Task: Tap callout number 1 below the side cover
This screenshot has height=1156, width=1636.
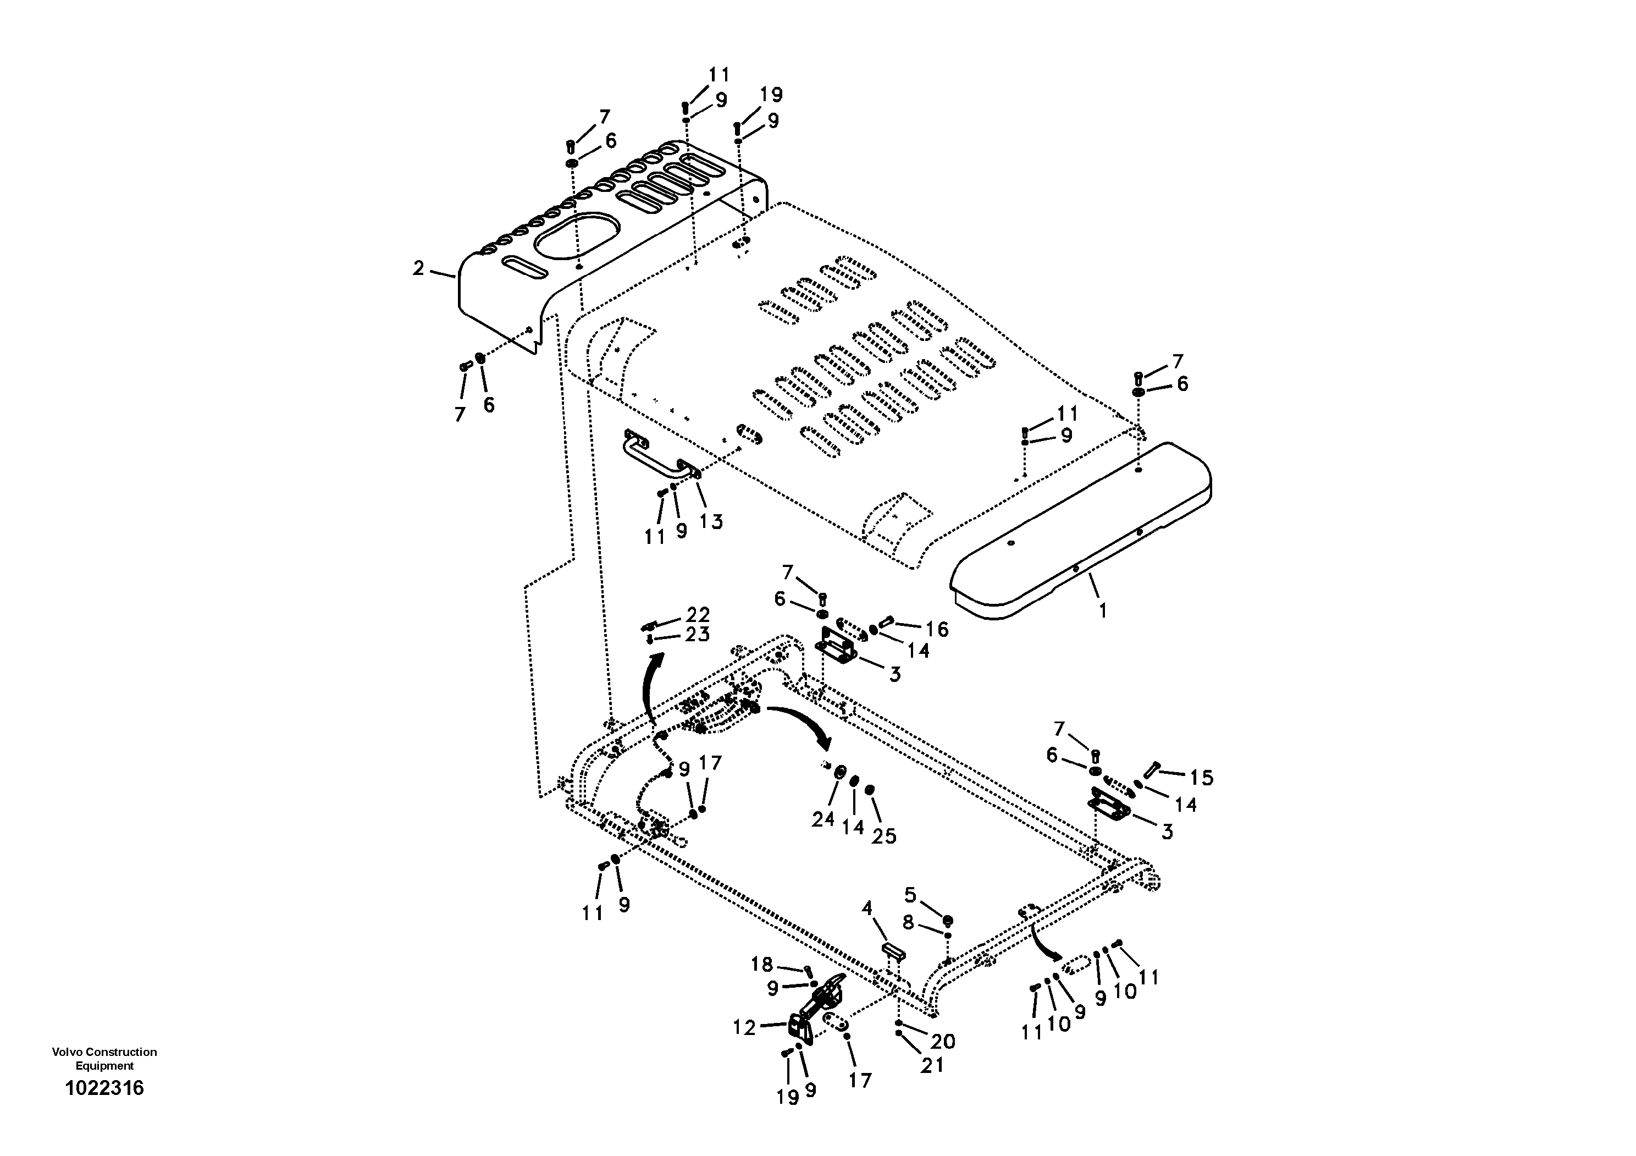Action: click(1102, 611)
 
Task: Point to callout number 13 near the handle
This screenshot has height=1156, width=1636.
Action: click(710, 522)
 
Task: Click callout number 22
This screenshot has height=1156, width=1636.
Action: click(698, 614)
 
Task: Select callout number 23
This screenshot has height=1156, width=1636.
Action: click(698, 634)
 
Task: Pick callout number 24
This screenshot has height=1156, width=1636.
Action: click(823, 819)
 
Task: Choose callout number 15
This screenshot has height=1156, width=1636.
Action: click(1201, 778)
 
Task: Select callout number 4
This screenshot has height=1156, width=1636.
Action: click(867, 908)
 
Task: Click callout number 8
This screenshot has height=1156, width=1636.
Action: click(908, 922)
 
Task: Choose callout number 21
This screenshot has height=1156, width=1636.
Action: click(932, 1065)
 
